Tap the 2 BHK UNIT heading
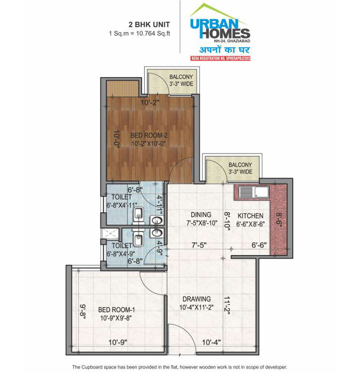point(149,24)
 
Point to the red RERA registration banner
point(221,58)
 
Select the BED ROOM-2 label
point(149,136)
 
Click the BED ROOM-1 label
point(117,310)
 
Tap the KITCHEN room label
point(251,216)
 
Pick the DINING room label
point(201,215)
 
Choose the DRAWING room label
point(197,299)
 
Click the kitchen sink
point(253,192)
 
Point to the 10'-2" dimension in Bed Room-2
point(150,103)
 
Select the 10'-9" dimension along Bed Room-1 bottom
point(118,342)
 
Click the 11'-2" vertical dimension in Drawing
point(227,305)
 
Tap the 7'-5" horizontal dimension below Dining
point(199,245)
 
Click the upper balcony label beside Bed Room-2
point(181,80)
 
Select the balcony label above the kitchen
point(240,168)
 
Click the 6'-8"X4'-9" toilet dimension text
point(121,254)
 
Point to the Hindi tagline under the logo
point(224,50)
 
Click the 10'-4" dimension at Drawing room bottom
point(212,342)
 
